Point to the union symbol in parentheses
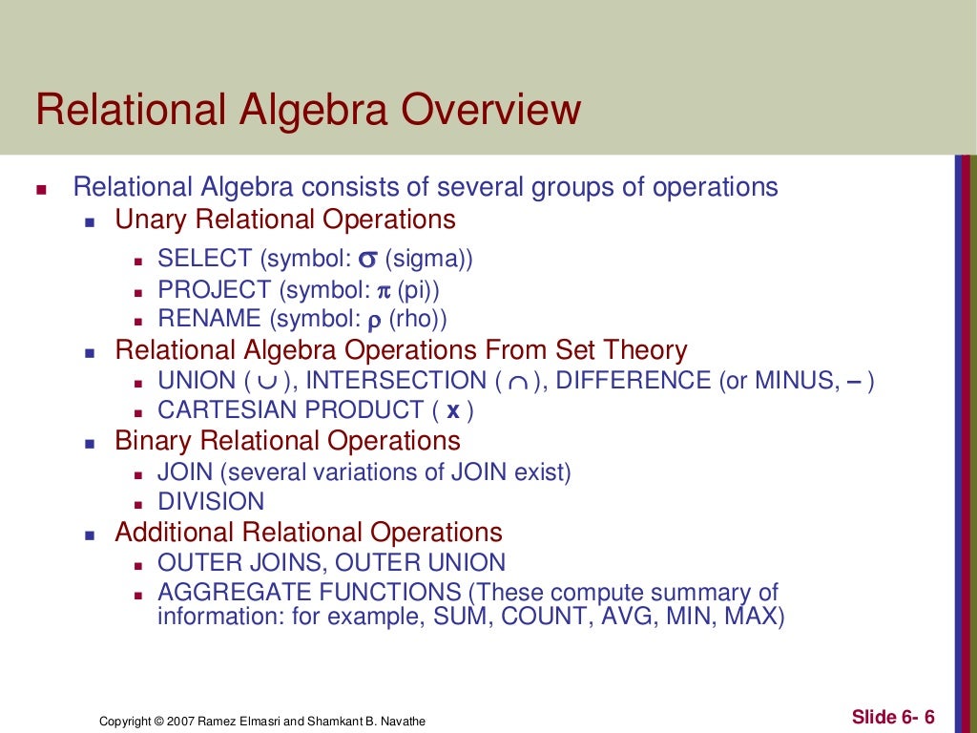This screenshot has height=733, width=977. (267, 382)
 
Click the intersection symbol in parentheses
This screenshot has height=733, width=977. (517, 382)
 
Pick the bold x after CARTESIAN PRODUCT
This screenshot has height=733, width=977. (453, 411)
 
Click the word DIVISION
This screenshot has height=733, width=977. (211, 502)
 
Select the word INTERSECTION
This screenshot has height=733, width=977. (396, 381)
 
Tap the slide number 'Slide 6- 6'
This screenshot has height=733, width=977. (893, 717)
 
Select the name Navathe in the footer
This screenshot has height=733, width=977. (403, 722)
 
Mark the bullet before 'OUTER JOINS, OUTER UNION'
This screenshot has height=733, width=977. (137, 565)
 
